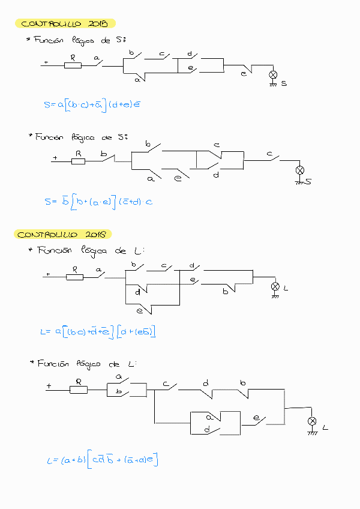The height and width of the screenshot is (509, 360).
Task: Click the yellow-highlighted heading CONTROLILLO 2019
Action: click(x=64, y=24)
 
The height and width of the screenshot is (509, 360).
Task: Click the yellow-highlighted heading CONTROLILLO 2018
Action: click(x=62, y=234)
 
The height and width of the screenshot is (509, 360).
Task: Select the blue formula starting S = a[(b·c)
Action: click(x=92, y=105)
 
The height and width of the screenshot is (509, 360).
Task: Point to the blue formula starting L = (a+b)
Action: click(x=106, y=460)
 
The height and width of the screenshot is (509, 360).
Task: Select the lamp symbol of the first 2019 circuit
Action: click(x=273, y=75)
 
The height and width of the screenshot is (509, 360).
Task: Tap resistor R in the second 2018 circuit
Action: click(x=79, y=389)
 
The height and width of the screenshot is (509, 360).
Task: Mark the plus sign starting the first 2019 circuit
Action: click(x=46, y=62)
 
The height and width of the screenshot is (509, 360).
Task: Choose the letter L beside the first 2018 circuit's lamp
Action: click(x=286, y=289)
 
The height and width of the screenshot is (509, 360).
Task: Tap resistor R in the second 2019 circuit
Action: click(x=77, y=161)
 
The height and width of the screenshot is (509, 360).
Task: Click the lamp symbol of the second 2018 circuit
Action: click(x=312, y=421)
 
